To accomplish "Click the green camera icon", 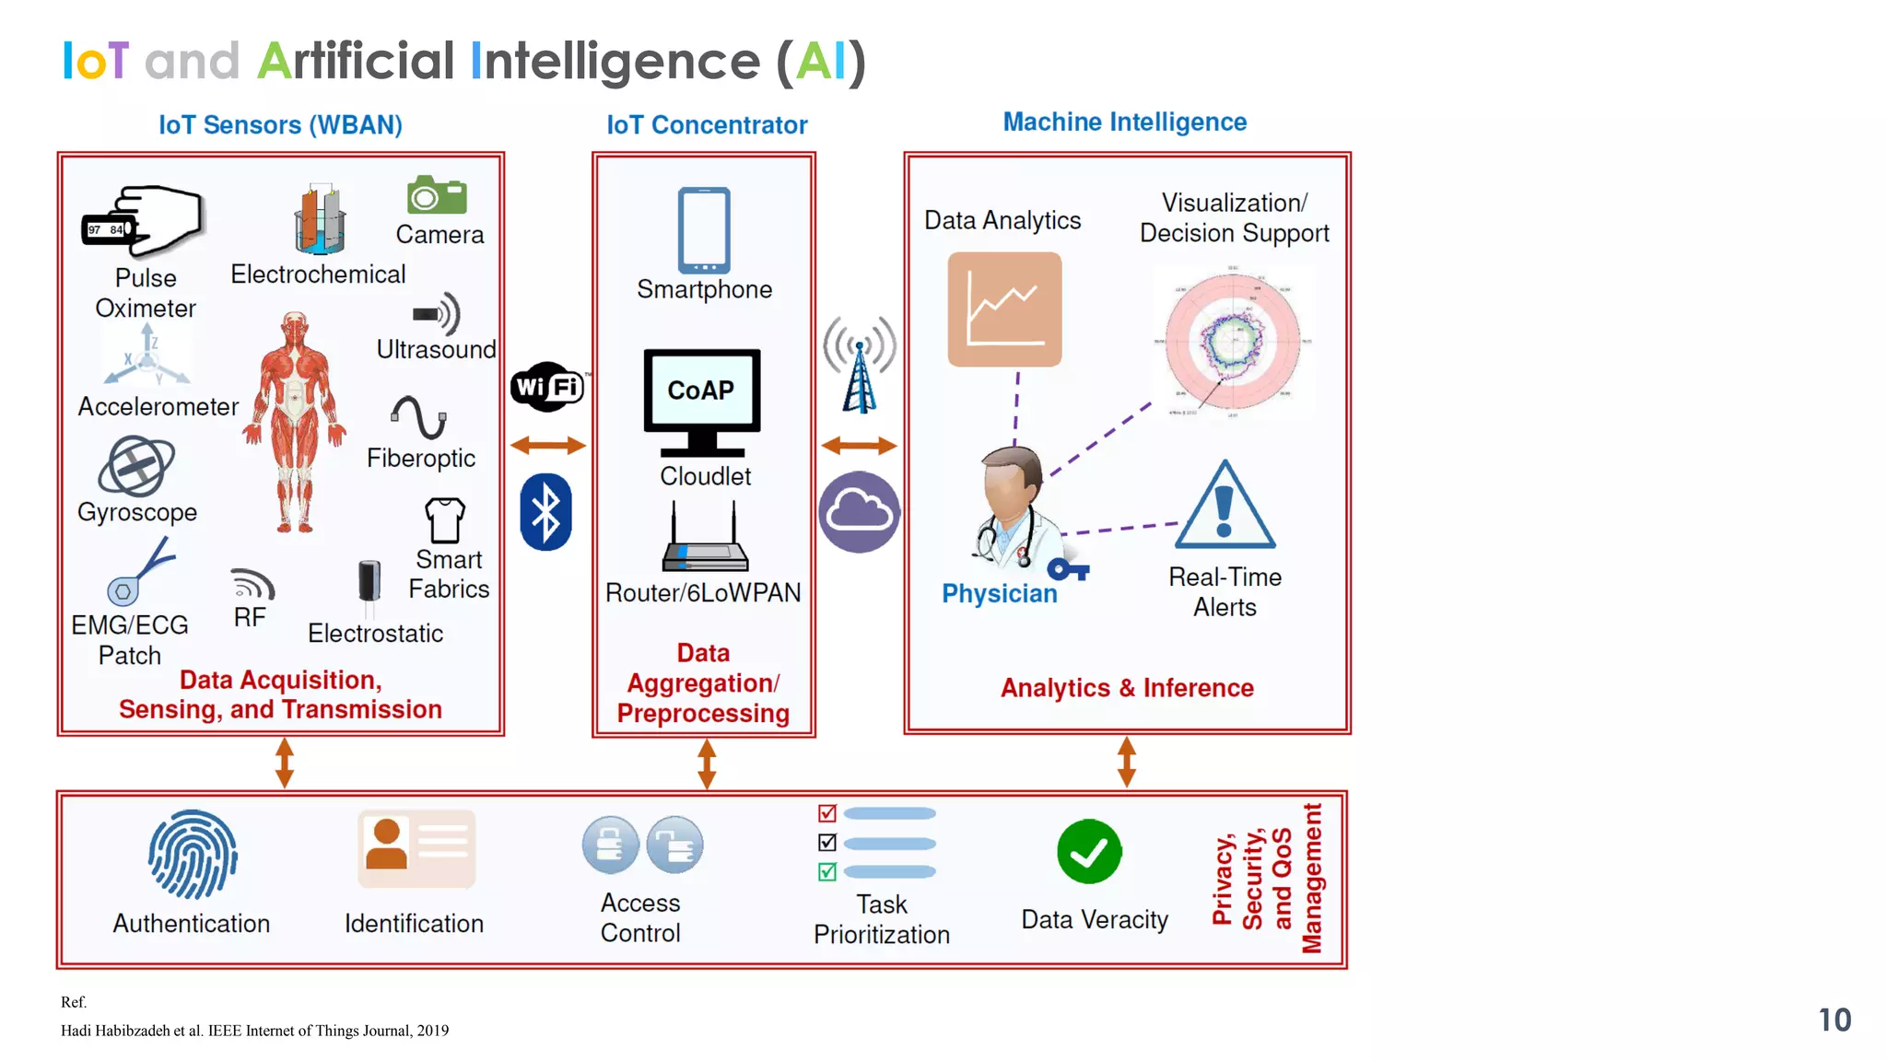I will coord(437,195).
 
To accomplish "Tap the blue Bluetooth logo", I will coord(545,512).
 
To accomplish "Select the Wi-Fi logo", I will coord(547,387).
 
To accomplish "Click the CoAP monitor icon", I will coord(702,402).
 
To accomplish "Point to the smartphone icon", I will coord(704,230).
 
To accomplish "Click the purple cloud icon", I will coord(859,512).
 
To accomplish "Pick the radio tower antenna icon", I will coord(860,366).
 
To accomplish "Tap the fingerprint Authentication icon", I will coord(193,855).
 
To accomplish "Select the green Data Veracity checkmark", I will coord(1089,852).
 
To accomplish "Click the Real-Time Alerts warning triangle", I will coord(1225,507).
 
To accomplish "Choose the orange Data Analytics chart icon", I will coord(1004,309).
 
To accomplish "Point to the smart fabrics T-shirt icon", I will coord(445,520).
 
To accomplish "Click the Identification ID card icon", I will coord(416,847).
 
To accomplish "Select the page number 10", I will coord(1834,1020).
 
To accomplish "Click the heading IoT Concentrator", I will coord(707,125).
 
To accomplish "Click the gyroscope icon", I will coord(136,466).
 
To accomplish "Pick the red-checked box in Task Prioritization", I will coord(827,813).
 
